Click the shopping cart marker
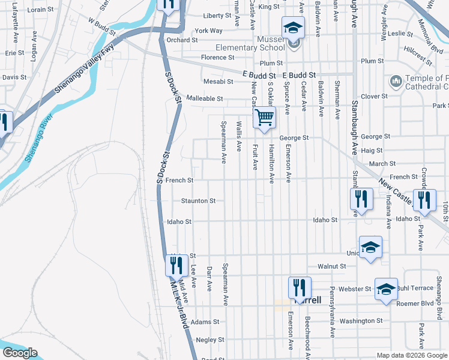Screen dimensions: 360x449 pos(264,118)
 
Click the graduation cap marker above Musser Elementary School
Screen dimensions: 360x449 pos(294,28)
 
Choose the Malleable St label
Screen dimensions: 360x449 pos(205,98)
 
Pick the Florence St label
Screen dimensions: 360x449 pos(217,58)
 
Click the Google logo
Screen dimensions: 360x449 pos(20,353)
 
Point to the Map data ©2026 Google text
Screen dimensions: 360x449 pos(411,355)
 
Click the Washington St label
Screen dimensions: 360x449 pos(361,321)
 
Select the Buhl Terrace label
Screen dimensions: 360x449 pos(418,289)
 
